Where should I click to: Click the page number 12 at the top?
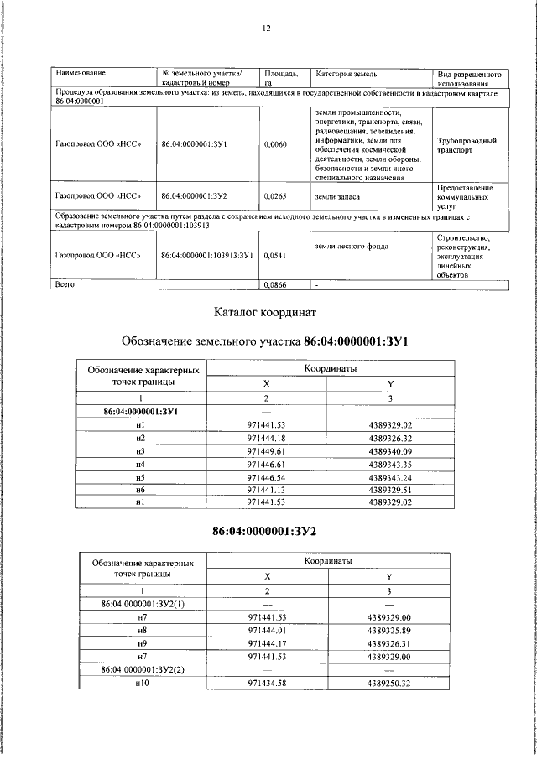point(267,28)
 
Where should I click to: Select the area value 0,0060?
point(275,144)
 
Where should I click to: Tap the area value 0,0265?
point(275,196)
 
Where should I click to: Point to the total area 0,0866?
point(275,285)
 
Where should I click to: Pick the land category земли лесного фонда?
point(347,246)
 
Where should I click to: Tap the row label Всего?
point(66,285)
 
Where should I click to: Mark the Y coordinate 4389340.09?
point(390,450)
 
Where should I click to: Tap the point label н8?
point(141,629)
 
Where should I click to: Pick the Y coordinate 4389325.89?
point(389,629)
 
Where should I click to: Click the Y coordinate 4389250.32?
point(389,683)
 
